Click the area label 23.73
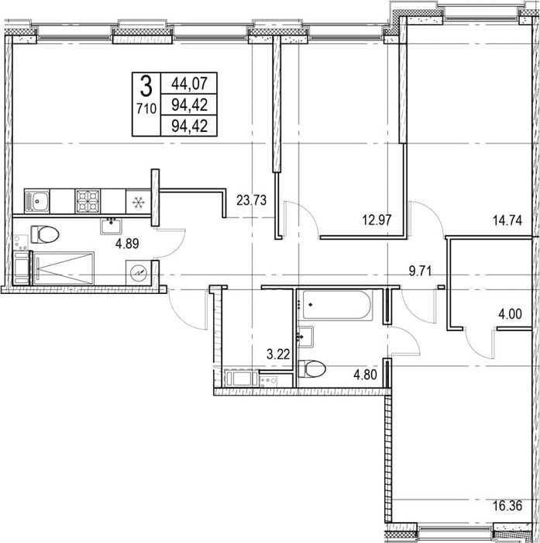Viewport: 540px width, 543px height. (x=252, y=200)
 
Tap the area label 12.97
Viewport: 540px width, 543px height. (x=377, y=220)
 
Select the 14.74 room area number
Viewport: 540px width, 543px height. (x=507, y=220)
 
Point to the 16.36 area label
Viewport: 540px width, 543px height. (x=507, y=506)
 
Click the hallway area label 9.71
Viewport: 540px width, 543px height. (x=421, y=271)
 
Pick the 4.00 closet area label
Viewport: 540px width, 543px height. (x=510, y=314)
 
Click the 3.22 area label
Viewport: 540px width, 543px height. (x=278, y=355)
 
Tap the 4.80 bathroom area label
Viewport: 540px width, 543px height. (x=365, y=375)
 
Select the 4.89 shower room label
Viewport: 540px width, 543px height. (x=127, y=244)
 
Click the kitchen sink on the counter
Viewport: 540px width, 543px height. (x=37, y=201)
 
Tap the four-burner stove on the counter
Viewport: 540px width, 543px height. (x=88, y=201)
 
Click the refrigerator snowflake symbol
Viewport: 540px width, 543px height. (x=139, y=202)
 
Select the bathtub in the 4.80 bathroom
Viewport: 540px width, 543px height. (x=337, y=305)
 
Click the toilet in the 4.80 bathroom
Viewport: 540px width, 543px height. (x=311, y=368)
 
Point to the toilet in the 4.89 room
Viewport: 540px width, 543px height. (x=45, y=234)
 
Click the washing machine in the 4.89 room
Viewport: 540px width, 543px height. (x=139, y=273)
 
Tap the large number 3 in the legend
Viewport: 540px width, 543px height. (x=146, y=87)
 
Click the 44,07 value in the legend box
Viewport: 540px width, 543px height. (x=190, y=84)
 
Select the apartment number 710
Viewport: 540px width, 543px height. (x=146, y=109)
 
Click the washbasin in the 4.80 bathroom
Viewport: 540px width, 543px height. (x=306, y=337)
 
